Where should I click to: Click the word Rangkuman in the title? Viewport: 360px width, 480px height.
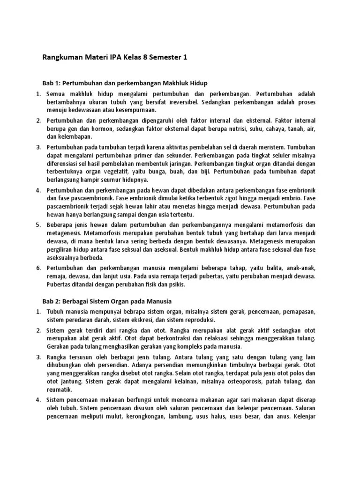point(62,58)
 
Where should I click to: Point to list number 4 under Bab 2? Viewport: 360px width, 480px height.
point(38,400)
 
